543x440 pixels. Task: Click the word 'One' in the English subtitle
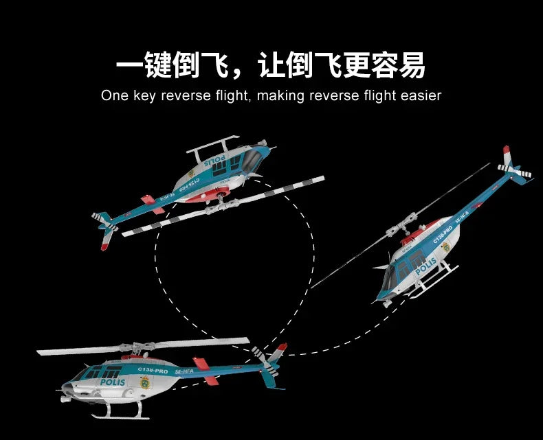tap(114, 95)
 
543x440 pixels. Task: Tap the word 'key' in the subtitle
tap(145, 95)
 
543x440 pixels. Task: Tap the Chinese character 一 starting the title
tap(130, 67)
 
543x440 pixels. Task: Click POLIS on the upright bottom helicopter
tap(113, 382)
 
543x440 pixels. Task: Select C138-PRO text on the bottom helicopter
tap(153, 371)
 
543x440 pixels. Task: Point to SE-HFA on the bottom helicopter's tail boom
tap(184, 371)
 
